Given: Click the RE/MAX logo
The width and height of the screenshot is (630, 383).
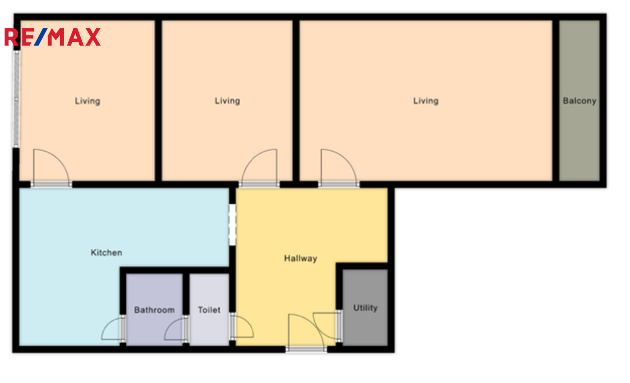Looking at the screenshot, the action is point(53,37).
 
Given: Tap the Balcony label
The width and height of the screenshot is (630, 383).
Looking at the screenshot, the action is point(579,101).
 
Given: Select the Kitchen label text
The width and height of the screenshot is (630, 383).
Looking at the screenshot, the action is point(106,253).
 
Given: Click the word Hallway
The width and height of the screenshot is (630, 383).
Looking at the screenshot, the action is point(301,258).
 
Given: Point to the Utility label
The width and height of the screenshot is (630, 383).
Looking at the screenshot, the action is point(365,308).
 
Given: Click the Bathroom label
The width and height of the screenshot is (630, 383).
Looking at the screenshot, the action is point(154,310).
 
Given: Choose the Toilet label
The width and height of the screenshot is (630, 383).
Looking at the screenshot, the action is point(209,310).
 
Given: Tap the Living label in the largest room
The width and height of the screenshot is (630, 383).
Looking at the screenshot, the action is point(426,101).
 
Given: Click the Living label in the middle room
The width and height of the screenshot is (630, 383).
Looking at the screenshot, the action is point(227,101).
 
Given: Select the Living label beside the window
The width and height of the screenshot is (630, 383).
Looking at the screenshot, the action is point(87,101).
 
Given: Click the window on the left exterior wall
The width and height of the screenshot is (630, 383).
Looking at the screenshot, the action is point(16,99).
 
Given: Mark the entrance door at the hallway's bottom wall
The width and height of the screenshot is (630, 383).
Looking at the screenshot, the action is point(306,333).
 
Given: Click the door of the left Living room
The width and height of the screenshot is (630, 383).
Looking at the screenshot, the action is point(51,168).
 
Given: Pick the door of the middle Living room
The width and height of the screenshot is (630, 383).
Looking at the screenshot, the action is point(259,168).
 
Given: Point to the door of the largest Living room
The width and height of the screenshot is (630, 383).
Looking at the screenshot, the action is point(339,168).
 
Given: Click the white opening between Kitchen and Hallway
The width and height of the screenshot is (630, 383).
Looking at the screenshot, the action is point(232,225).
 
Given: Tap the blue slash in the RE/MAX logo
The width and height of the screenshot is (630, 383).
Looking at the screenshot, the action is point(41,37).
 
